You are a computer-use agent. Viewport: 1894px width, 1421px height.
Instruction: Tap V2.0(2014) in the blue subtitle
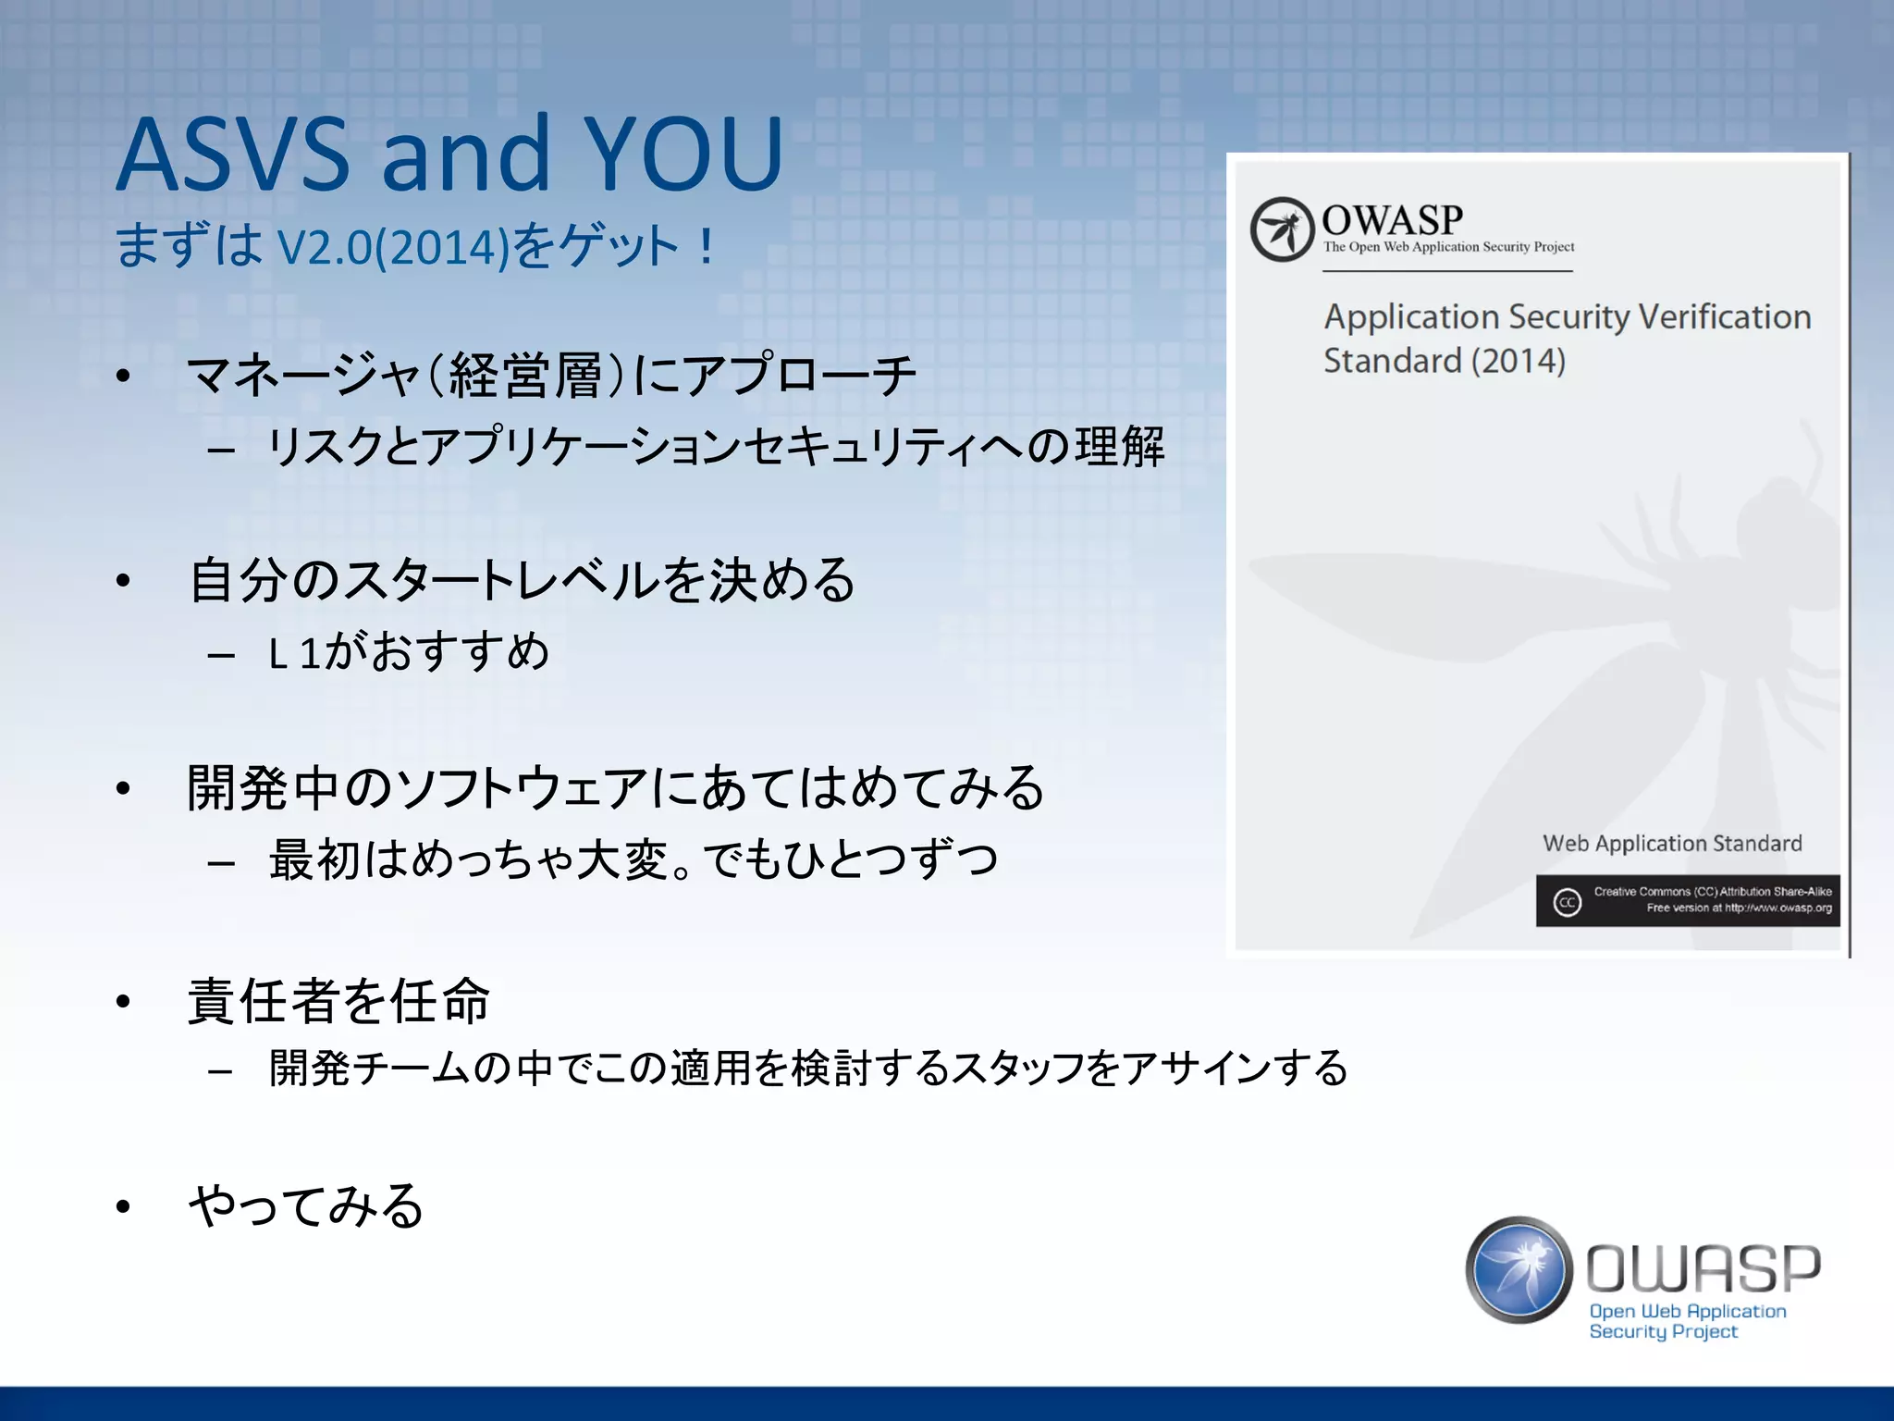click(x=394, y=248)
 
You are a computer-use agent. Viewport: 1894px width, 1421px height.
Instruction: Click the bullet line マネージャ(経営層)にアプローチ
click(x=551, y=376)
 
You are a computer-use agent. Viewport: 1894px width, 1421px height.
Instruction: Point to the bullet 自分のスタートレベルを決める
click(x=523, y=581)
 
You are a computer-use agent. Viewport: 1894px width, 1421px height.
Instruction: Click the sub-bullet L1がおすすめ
click(x=409, y=652)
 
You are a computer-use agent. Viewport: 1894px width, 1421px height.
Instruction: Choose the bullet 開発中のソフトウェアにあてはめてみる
click(x=616, y=788)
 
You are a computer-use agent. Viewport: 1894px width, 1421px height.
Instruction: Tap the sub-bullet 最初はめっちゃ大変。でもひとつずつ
click(x=633, y=859)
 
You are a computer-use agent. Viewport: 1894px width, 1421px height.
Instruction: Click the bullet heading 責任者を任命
click(x=338, y=1001)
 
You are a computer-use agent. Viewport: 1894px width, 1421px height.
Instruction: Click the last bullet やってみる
click(x=306, y=1206)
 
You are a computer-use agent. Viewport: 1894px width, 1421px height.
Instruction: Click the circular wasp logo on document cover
click(x=1282, y=229)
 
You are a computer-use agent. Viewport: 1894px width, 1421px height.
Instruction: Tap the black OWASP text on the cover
click(x=1392, y=220)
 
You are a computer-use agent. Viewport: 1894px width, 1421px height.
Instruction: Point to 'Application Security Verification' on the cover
click(x=1567, y=317)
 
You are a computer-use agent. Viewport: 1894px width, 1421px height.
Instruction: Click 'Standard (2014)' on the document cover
click(x=1444, y=361)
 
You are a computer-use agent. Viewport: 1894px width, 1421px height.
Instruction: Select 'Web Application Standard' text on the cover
click(x=1672, y=844)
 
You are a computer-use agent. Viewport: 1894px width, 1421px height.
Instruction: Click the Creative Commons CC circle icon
click(x=1567, y=902)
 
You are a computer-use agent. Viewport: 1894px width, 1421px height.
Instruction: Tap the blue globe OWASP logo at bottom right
click(x=1519, y=1269)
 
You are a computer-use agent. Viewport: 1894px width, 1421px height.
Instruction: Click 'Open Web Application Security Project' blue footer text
click(x=1686, y=1321)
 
